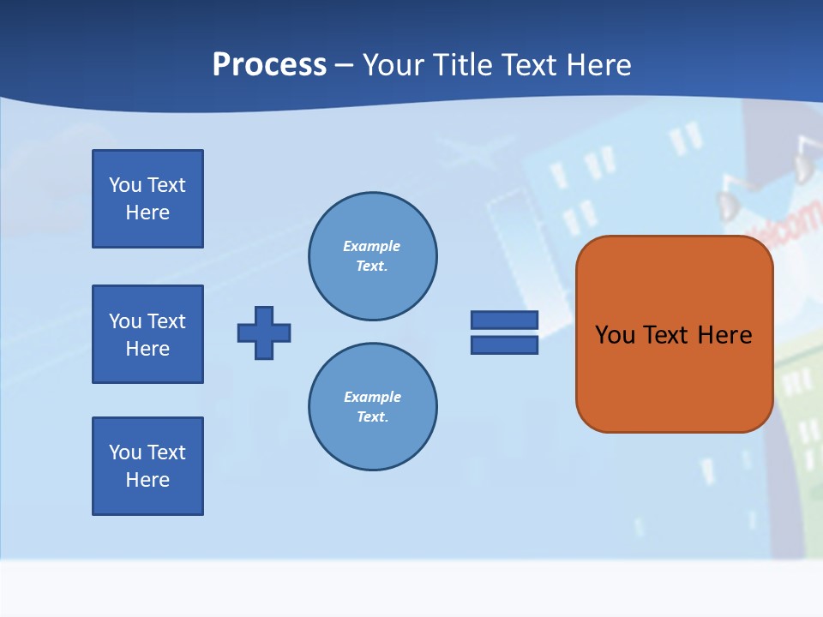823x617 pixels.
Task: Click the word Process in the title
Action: click(x=269, y=65)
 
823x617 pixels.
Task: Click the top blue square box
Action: click(x=147, y=199)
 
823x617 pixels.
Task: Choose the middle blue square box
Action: click(x=147, y=334)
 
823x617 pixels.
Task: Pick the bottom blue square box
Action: click(x=147, y=466)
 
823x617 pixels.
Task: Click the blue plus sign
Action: click(x=264, y=332)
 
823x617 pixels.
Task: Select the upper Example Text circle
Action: click(x=373, y=256)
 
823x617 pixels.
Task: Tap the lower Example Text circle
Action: click(x=373, y=407)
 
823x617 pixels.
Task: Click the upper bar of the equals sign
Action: click(x=504, y=320)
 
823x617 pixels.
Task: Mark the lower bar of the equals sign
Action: click(x=504, y=344)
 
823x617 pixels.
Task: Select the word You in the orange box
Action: click(x=615, y=335)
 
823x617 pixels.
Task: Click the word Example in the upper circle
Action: click(x=371, y=247)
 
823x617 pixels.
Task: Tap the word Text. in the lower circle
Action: click(x=373, y=417)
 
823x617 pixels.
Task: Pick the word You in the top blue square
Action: click(x=125, y=185)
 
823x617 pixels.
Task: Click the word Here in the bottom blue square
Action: click(x=147, y=480)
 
